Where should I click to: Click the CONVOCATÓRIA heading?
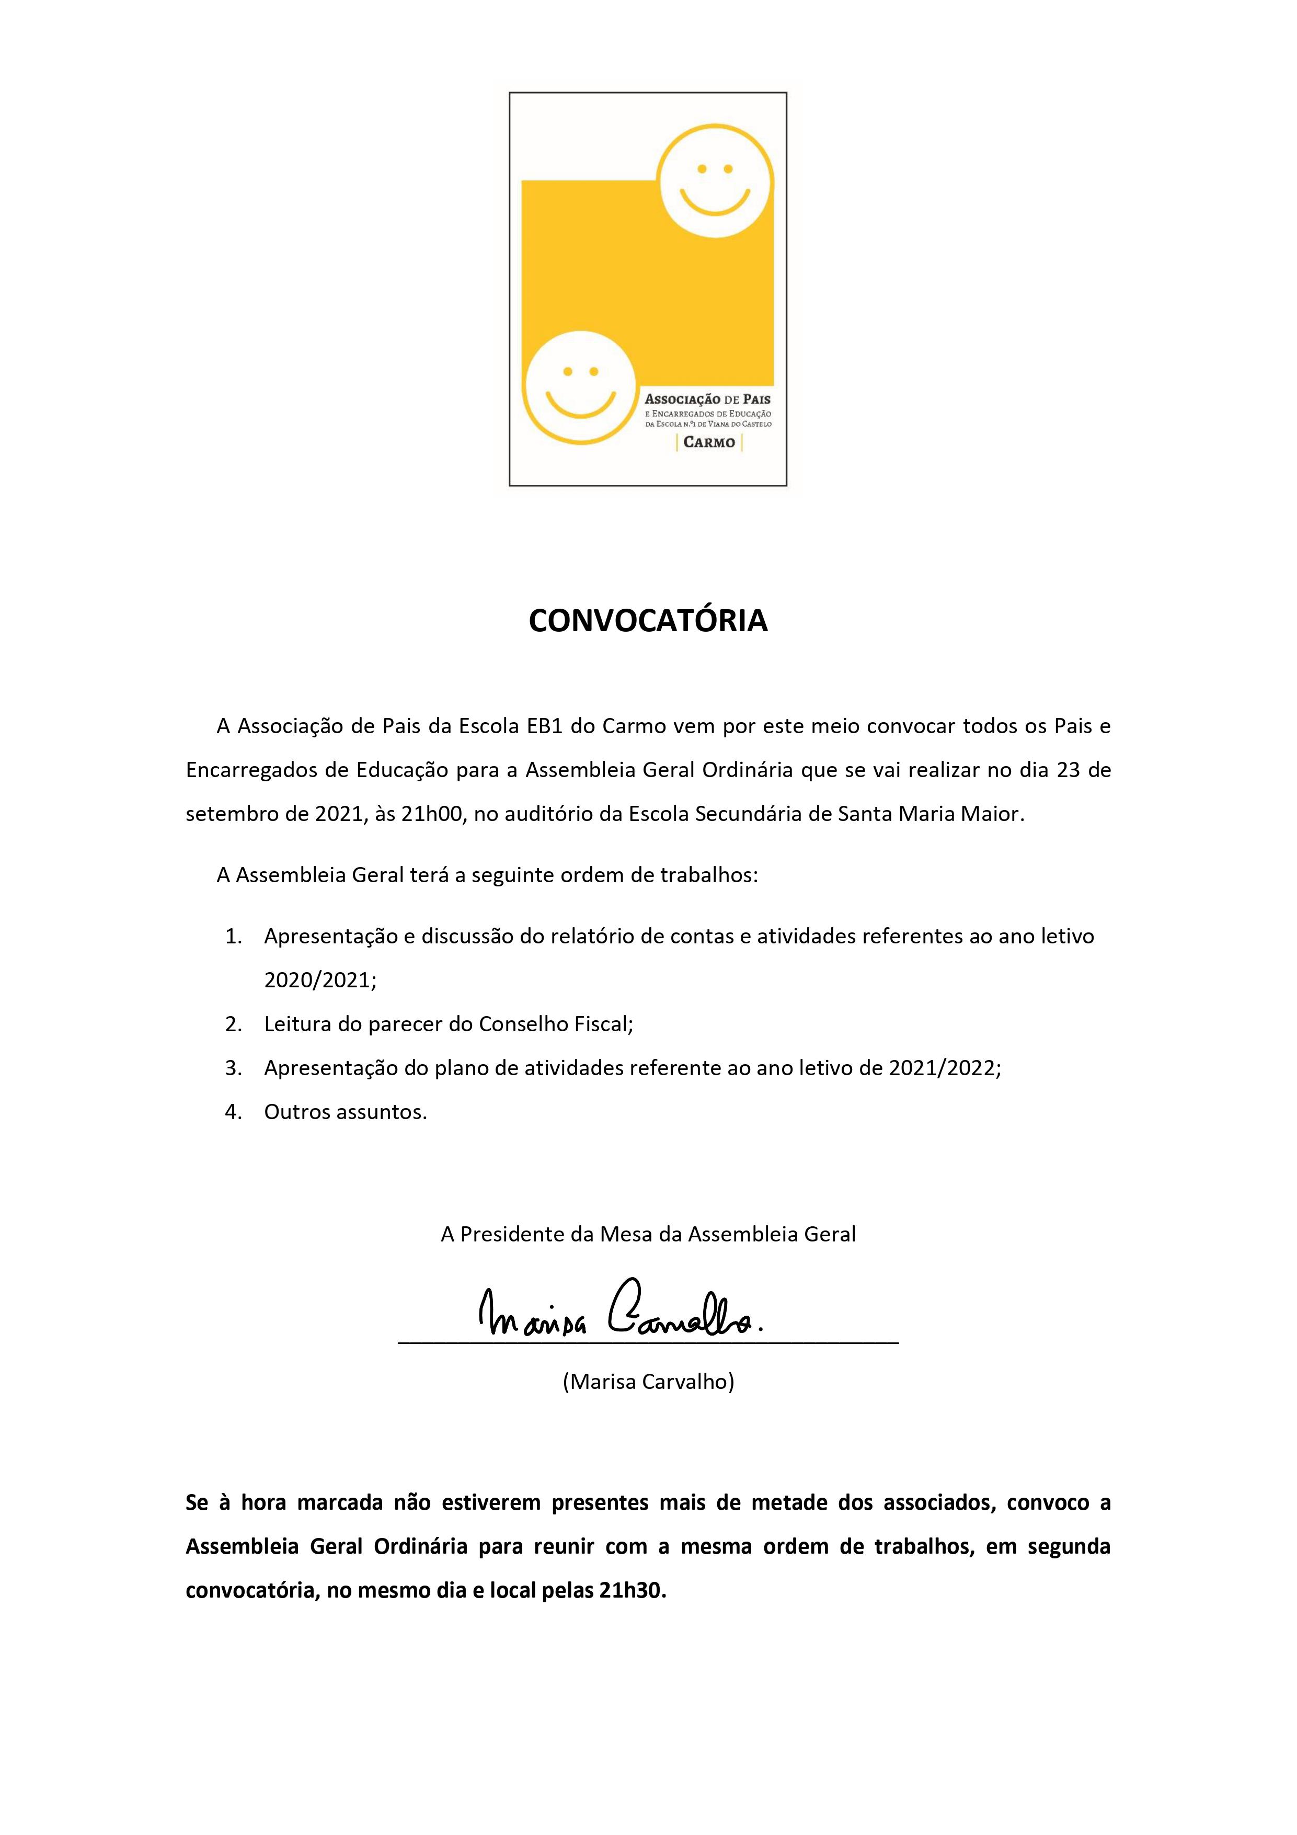(648, 621)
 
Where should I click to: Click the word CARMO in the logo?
(709, 442)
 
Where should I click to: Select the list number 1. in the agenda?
(233, 937)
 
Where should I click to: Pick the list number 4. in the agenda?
(233, 1112)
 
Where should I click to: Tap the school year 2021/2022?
(945, 1068)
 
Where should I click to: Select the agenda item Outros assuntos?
(345, 1112)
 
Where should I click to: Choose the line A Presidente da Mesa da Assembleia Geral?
(648, 1234)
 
